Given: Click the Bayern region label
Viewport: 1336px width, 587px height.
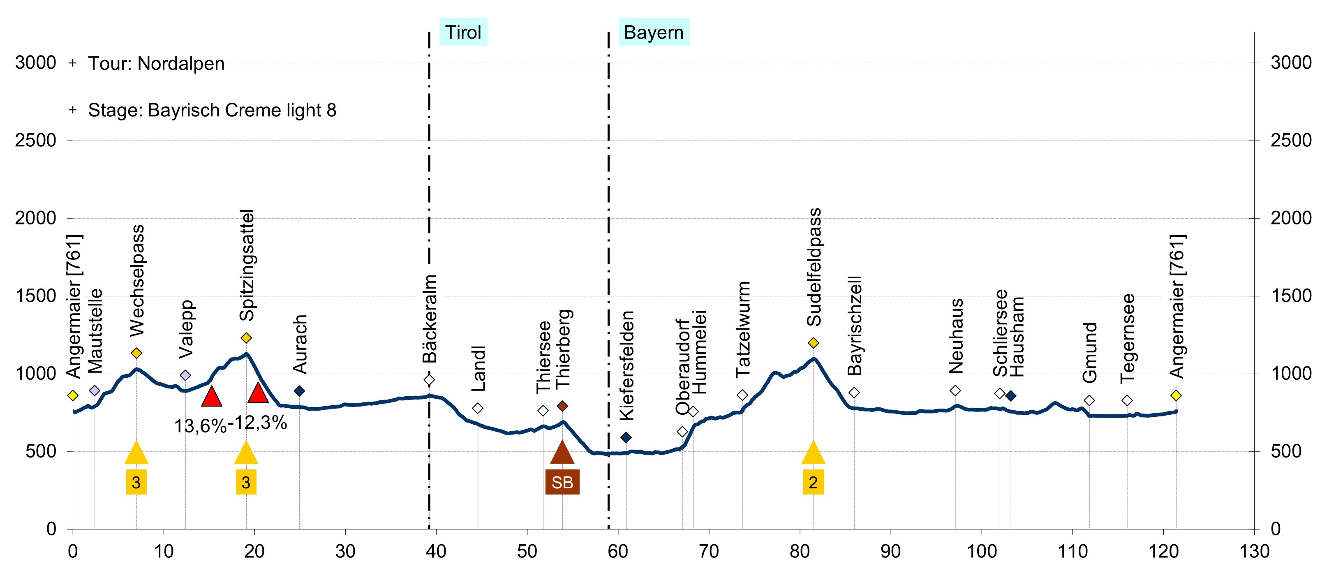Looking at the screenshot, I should [x=654, y=32].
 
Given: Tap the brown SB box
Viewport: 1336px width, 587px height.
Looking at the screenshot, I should [x=562, y=482].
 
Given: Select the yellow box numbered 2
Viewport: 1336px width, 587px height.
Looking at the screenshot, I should [x=813, y=482].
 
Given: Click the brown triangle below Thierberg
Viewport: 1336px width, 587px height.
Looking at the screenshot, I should [x=562, y=452].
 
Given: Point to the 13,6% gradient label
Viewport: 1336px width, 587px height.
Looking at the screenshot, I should [x=200, y=426].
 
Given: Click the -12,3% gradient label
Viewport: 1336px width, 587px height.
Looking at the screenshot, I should [x=258, y=423].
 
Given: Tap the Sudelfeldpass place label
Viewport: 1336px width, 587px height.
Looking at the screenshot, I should [x=814, y=267].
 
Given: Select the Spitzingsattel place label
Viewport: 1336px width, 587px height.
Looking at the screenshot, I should [x=247, y=265].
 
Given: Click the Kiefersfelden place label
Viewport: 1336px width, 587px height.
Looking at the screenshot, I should [x=627, y=365].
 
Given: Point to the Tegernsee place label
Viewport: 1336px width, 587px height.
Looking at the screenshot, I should [x=1128, y=338].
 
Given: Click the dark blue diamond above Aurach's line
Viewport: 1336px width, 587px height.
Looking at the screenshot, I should [x=299, y=391].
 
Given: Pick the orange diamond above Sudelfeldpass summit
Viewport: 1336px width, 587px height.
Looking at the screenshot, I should [x=813, y=343].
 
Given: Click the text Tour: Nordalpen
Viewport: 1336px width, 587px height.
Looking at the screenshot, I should [x=156, y=63].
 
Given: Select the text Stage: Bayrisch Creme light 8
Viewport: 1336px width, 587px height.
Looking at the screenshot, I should [x=212, y=110].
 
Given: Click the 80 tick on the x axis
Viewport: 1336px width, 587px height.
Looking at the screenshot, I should [x=800, y=551].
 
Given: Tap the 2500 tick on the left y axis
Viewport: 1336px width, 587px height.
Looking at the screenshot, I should [x=35, y=140].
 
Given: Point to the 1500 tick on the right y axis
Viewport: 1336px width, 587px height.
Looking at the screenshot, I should [x=1291, y=296].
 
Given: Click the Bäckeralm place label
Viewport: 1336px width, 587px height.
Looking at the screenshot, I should [x=430, y=319].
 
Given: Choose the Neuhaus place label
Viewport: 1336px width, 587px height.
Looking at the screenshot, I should [x=956, y=336].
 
